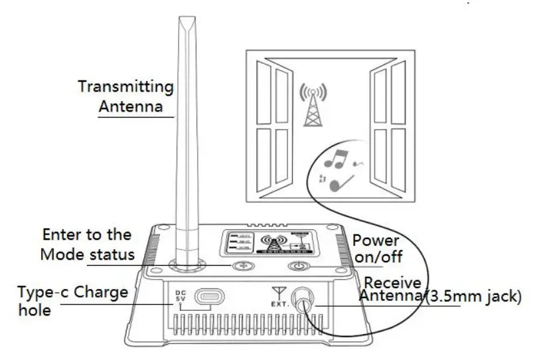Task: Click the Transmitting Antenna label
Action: [126, 96]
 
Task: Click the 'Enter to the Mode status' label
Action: [87, 244]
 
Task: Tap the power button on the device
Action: [299, 266]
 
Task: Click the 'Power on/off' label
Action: [376, 248]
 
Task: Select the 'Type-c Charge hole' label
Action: [73, 301]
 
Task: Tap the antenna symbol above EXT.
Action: [279, 291]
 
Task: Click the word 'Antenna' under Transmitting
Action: [131, 106]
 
